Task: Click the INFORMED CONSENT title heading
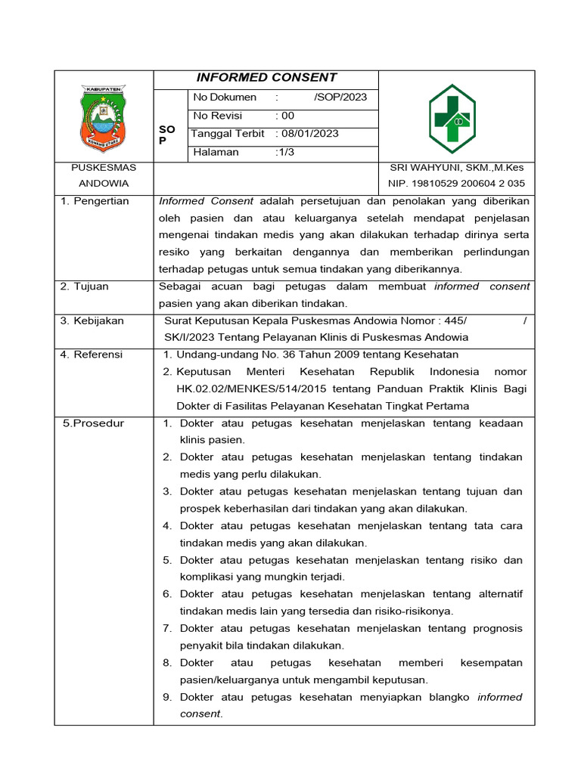(266, 78)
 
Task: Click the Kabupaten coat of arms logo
(104, 119)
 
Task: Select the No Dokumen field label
(225, 98)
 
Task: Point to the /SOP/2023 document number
(340, 98)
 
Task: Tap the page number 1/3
(285, 152)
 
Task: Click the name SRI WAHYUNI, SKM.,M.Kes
(456, 168)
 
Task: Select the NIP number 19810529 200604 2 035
(456, 183)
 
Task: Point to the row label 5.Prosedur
(93, 423)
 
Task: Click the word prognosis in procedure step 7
(497, 628)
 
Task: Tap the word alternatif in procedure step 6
(498, 594)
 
